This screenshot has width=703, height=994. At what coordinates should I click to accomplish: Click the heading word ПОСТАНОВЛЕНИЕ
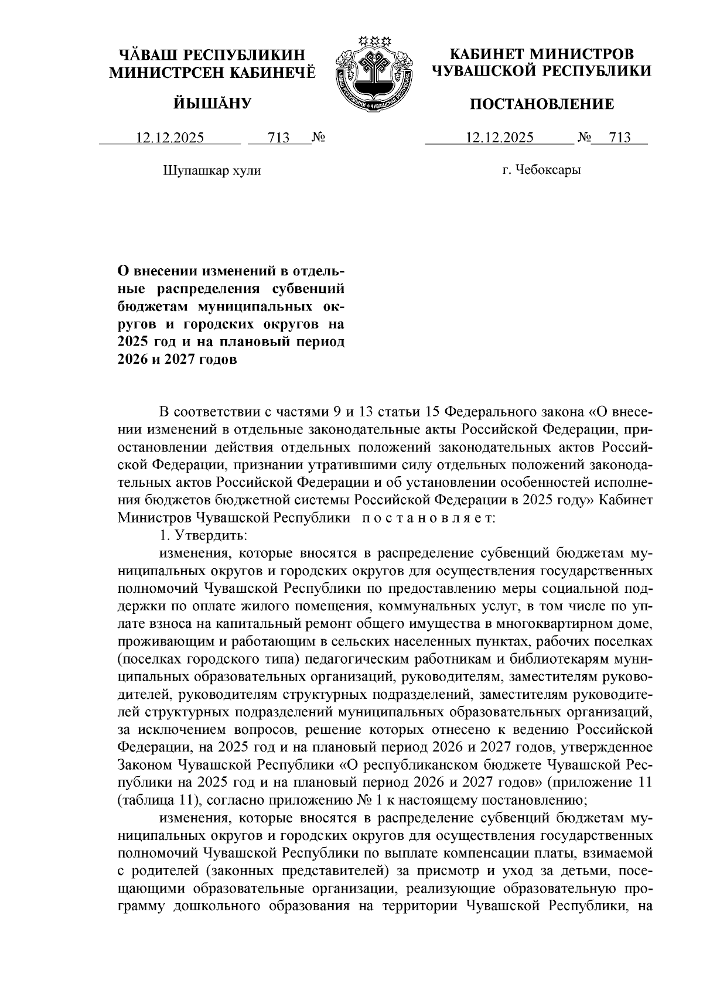tap(542, 104)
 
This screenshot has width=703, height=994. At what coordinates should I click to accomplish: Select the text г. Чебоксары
tap(542, 170)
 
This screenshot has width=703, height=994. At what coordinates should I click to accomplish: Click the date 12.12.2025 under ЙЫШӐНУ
tap(170, 138)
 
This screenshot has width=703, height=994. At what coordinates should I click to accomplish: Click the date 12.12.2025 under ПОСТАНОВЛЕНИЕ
tap(499, 138)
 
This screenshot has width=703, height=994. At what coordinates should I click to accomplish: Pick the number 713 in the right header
tap(620, 138)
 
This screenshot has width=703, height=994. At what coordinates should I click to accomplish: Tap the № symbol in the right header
tap(584, 138)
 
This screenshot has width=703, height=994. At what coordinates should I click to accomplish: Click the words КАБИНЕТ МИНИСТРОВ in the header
tap(542, 54)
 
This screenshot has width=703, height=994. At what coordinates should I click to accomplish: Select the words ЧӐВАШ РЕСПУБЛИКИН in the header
tap(212, 56)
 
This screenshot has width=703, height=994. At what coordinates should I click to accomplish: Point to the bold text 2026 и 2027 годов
tap(178, 360)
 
